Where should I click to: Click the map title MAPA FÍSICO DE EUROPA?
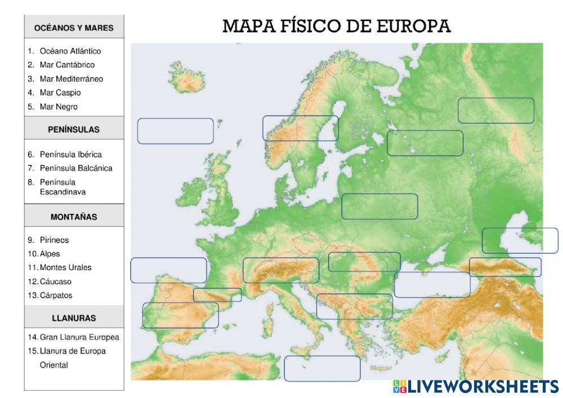click(x=337, y=26)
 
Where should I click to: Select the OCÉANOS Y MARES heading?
click(x=74, y=28)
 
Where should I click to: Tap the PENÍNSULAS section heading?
click(x=74, y=129)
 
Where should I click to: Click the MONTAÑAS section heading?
click(x=74, y=217)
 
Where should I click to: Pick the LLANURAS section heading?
click(x=74, y=318)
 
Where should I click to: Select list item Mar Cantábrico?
click(x=67, y=65)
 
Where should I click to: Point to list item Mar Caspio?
click(x=60, y=92)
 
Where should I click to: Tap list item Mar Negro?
click(x=59, y=106)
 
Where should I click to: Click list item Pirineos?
click(x=54, y=240)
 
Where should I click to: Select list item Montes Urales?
click(x=65, y=267)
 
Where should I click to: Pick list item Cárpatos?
click(x=56, y=295)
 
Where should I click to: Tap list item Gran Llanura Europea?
click(x=79, y=337)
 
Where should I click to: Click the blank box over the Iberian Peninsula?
click(x=180, y=315)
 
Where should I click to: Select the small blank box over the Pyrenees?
click(x=217, y=295)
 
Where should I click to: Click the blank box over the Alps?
click(x=281, y=270)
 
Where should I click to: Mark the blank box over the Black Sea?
click(x=432, y=285)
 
